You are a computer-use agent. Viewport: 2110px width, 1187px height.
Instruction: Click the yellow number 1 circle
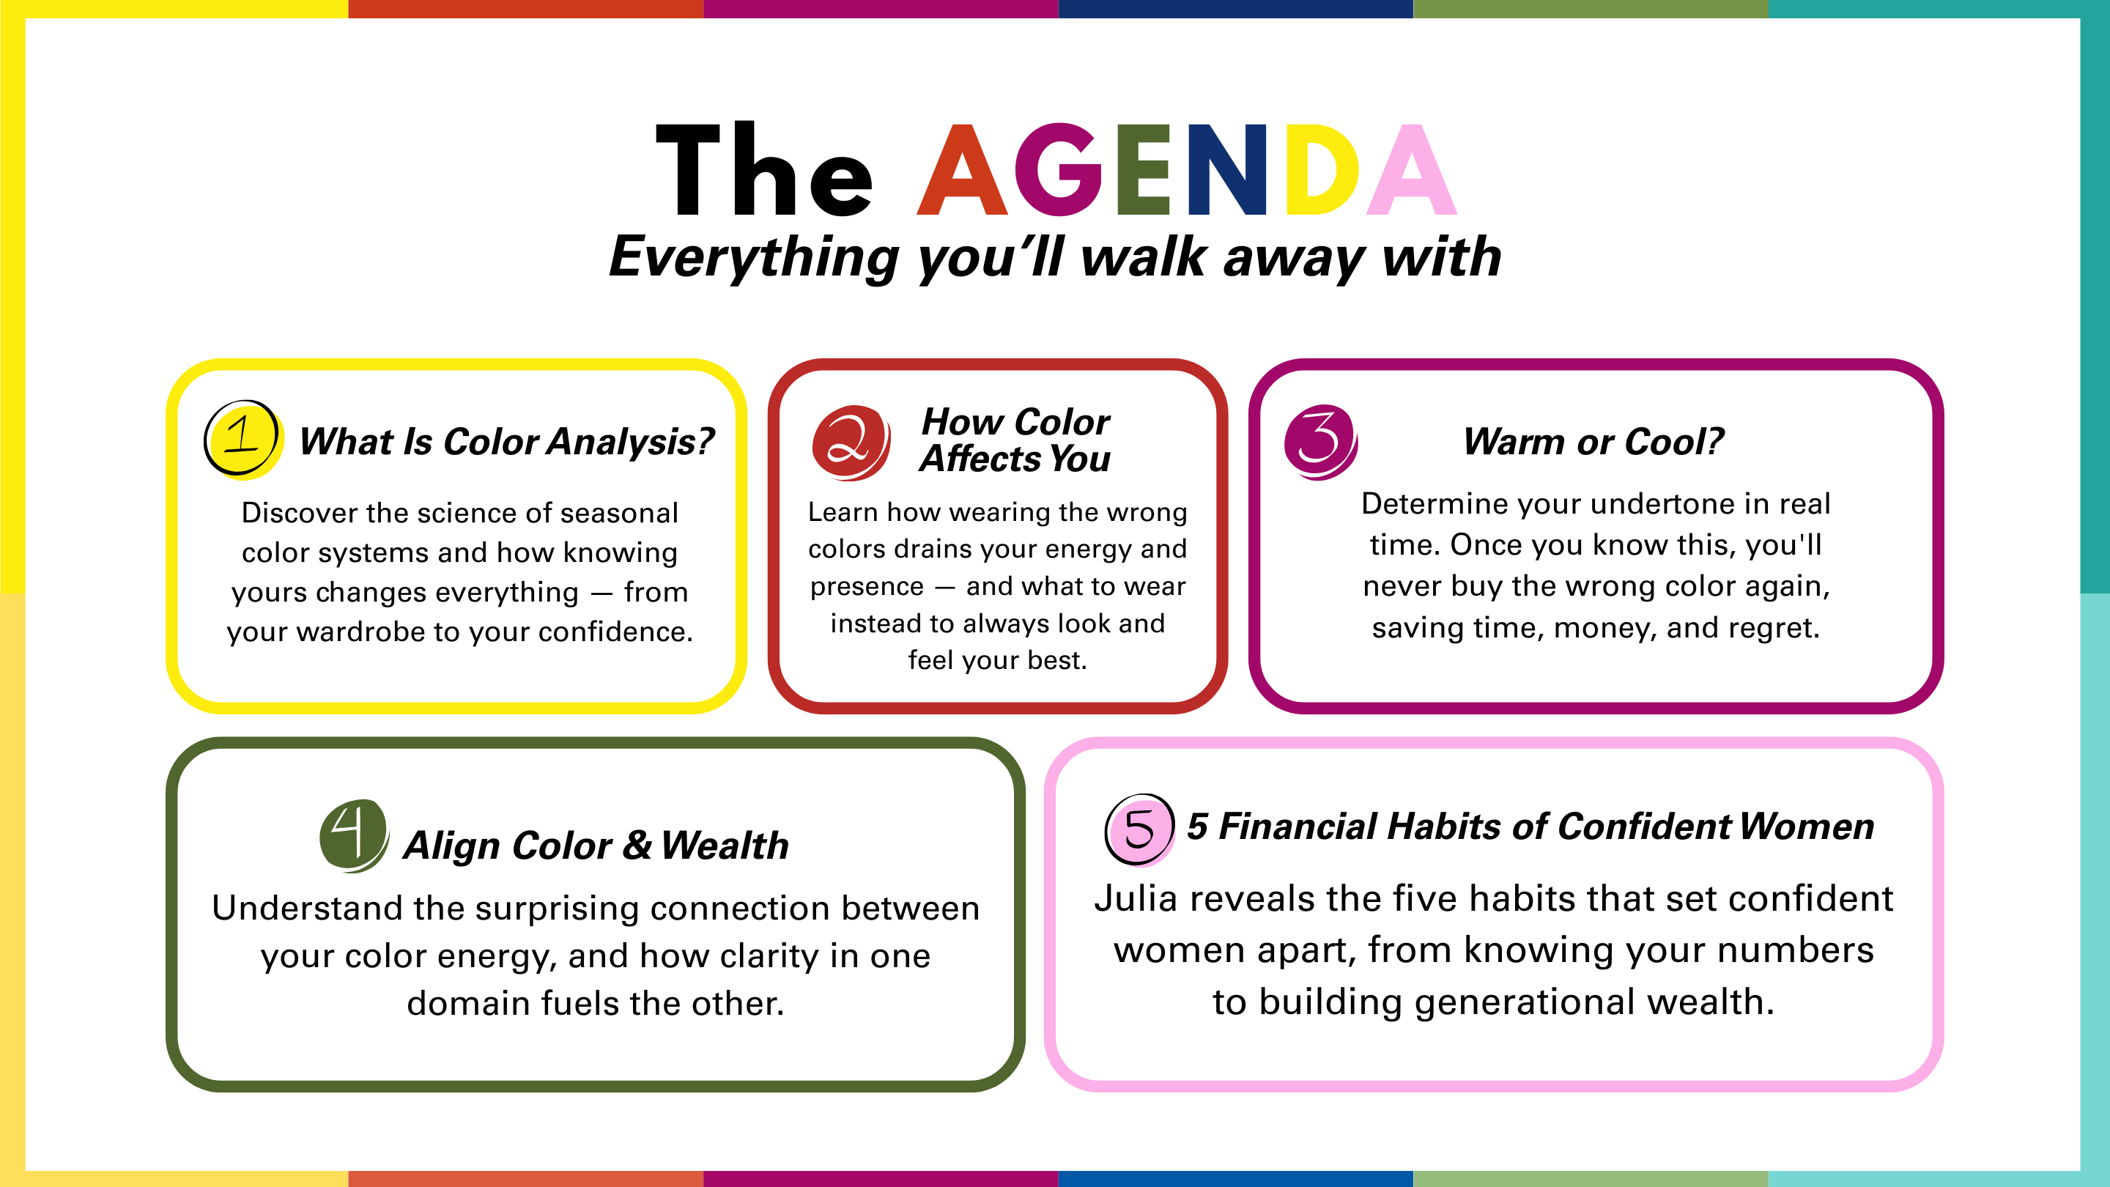pyautogui.click(x=244, y=440)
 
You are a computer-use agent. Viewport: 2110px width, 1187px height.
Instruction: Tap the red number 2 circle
pyautogui.click(x=851, y=443)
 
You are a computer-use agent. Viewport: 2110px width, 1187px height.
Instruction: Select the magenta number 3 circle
pyautogui.click(x=1320, y=442)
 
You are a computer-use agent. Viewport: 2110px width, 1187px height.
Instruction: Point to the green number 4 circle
pyautogui.click(x=354, y=835)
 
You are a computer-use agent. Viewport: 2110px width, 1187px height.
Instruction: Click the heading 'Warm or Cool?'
pyautogui.click(x=1593, y=442)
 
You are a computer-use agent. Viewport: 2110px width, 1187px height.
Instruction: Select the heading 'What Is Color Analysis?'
pyautogui.click(x=507, y=442)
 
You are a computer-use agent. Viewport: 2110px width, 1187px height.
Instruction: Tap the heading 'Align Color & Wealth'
pyautogui.click(x=596, y=846)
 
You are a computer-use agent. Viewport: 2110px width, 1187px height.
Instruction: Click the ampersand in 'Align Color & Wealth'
pyautogui.click(x=637, y=845)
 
